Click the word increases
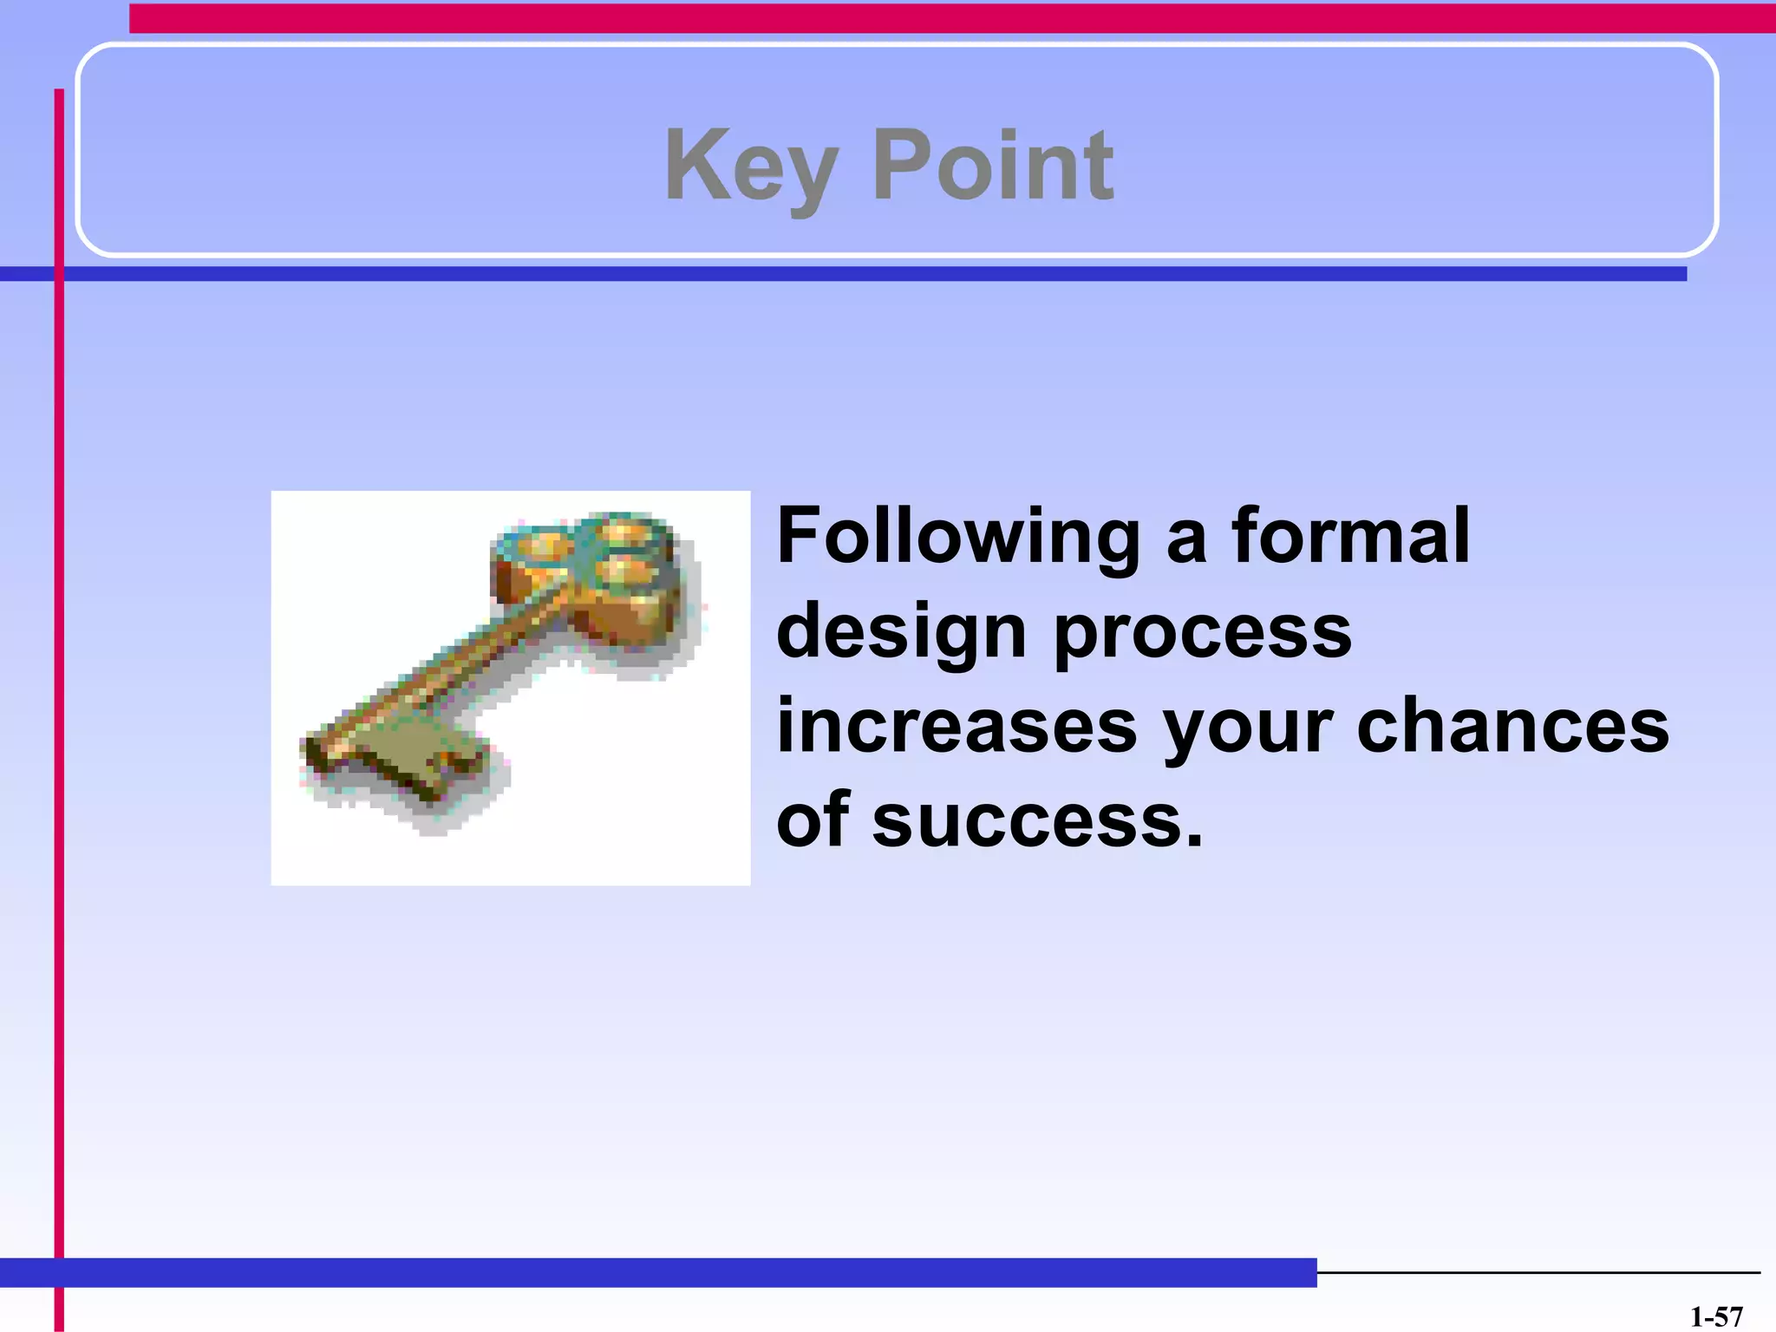(957, 726)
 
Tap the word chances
(1512, 726)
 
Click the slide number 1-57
(1716, 1316)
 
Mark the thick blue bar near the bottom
(659, 1272)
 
